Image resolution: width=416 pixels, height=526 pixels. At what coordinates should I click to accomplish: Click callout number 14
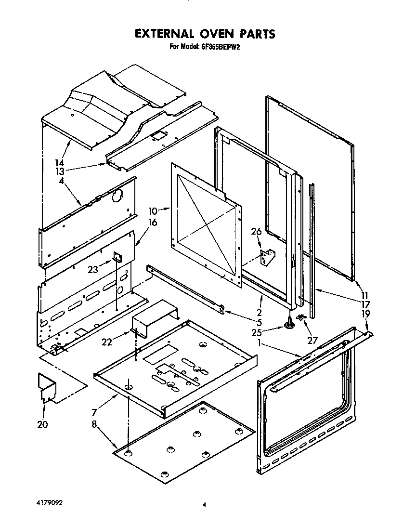[x=60, y=163]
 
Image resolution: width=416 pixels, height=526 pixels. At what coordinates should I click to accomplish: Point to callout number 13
[x=60, y=171]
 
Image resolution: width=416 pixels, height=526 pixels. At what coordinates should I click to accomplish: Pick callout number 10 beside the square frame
[x=153, y=210]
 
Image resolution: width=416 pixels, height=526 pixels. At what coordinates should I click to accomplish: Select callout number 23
[x=93, y=270]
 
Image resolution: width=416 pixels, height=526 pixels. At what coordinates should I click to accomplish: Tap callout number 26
[x=256, y=232]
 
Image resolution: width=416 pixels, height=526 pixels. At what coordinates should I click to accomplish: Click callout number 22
[x=107, y=342]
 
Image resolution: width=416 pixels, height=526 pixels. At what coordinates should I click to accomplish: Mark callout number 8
[x=94, y=424]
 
